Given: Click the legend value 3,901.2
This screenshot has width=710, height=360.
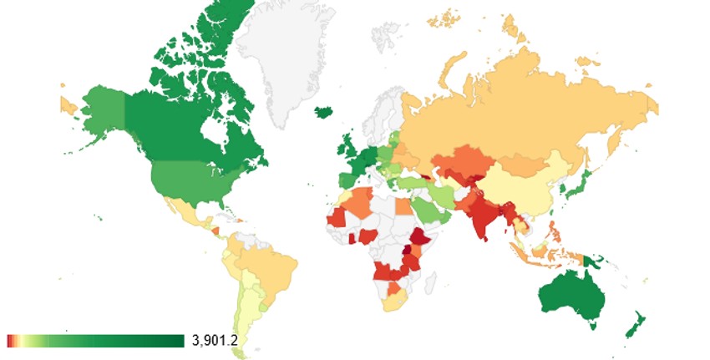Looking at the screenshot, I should click(x=216, y=340).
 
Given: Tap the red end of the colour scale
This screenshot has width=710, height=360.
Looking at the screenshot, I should click(x=9, y=340).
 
